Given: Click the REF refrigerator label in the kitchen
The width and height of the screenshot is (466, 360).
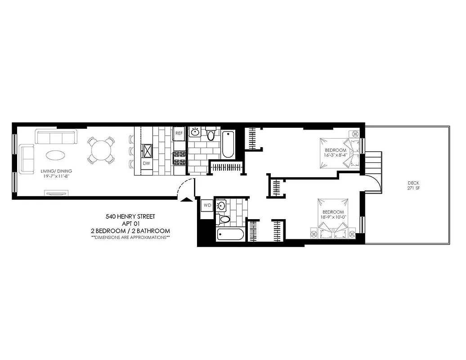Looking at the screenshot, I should pos(179,133).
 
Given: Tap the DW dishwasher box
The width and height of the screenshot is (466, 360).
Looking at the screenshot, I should pos(146,163).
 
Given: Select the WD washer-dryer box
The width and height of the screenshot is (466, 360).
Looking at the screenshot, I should pos(207,205).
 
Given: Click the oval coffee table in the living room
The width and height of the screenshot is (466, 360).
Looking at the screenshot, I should pos(56,155).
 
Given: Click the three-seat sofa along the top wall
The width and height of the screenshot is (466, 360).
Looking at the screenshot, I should pos(56,136).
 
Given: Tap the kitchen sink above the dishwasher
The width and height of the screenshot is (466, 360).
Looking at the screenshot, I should pos(147,149).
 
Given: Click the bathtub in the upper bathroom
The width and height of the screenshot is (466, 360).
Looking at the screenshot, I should pos(228,144).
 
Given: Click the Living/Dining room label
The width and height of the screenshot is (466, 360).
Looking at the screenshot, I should pos(56,174).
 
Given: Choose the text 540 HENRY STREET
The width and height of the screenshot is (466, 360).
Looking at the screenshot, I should pos(130,216).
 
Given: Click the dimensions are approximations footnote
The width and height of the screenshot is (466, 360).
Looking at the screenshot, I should pos(130,237).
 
